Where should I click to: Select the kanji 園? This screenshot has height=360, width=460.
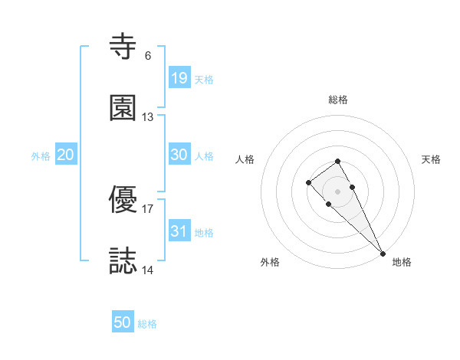123,108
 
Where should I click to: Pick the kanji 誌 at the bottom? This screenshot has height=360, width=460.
123,260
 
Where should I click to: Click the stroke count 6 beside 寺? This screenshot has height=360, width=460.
148,56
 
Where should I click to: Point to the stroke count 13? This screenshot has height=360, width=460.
148,117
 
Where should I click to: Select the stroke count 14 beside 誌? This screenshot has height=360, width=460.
148,270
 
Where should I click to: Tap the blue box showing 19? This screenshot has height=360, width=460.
179,78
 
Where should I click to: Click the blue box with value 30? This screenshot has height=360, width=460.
179,155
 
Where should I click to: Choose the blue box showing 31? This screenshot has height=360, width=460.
179,231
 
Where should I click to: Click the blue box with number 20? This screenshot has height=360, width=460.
66,155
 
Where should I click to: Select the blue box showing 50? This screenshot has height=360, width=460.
123,322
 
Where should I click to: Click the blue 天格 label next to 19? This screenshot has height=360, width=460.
204,80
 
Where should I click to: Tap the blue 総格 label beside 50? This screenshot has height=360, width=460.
147,324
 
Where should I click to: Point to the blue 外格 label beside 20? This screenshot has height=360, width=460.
41,156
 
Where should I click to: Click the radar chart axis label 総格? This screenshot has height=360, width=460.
338,100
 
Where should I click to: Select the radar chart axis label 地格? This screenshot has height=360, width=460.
402,262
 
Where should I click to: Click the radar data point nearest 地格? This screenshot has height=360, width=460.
383,253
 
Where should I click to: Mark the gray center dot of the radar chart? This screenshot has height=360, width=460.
338,191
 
